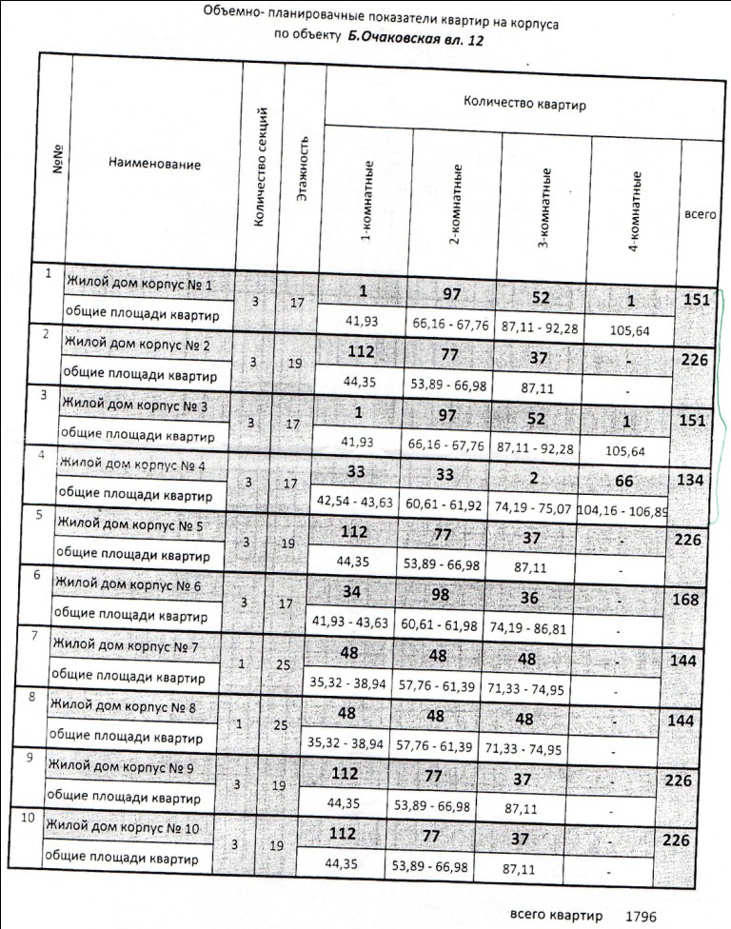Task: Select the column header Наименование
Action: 154,164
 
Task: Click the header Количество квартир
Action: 524,102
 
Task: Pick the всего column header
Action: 701,216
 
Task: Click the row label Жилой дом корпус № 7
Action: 123,649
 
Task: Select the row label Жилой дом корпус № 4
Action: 131,464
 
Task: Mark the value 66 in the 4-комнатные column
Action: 623,482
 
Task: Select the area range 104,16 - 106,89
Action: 621,509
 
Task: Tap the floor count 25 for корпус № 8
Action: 282,725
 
